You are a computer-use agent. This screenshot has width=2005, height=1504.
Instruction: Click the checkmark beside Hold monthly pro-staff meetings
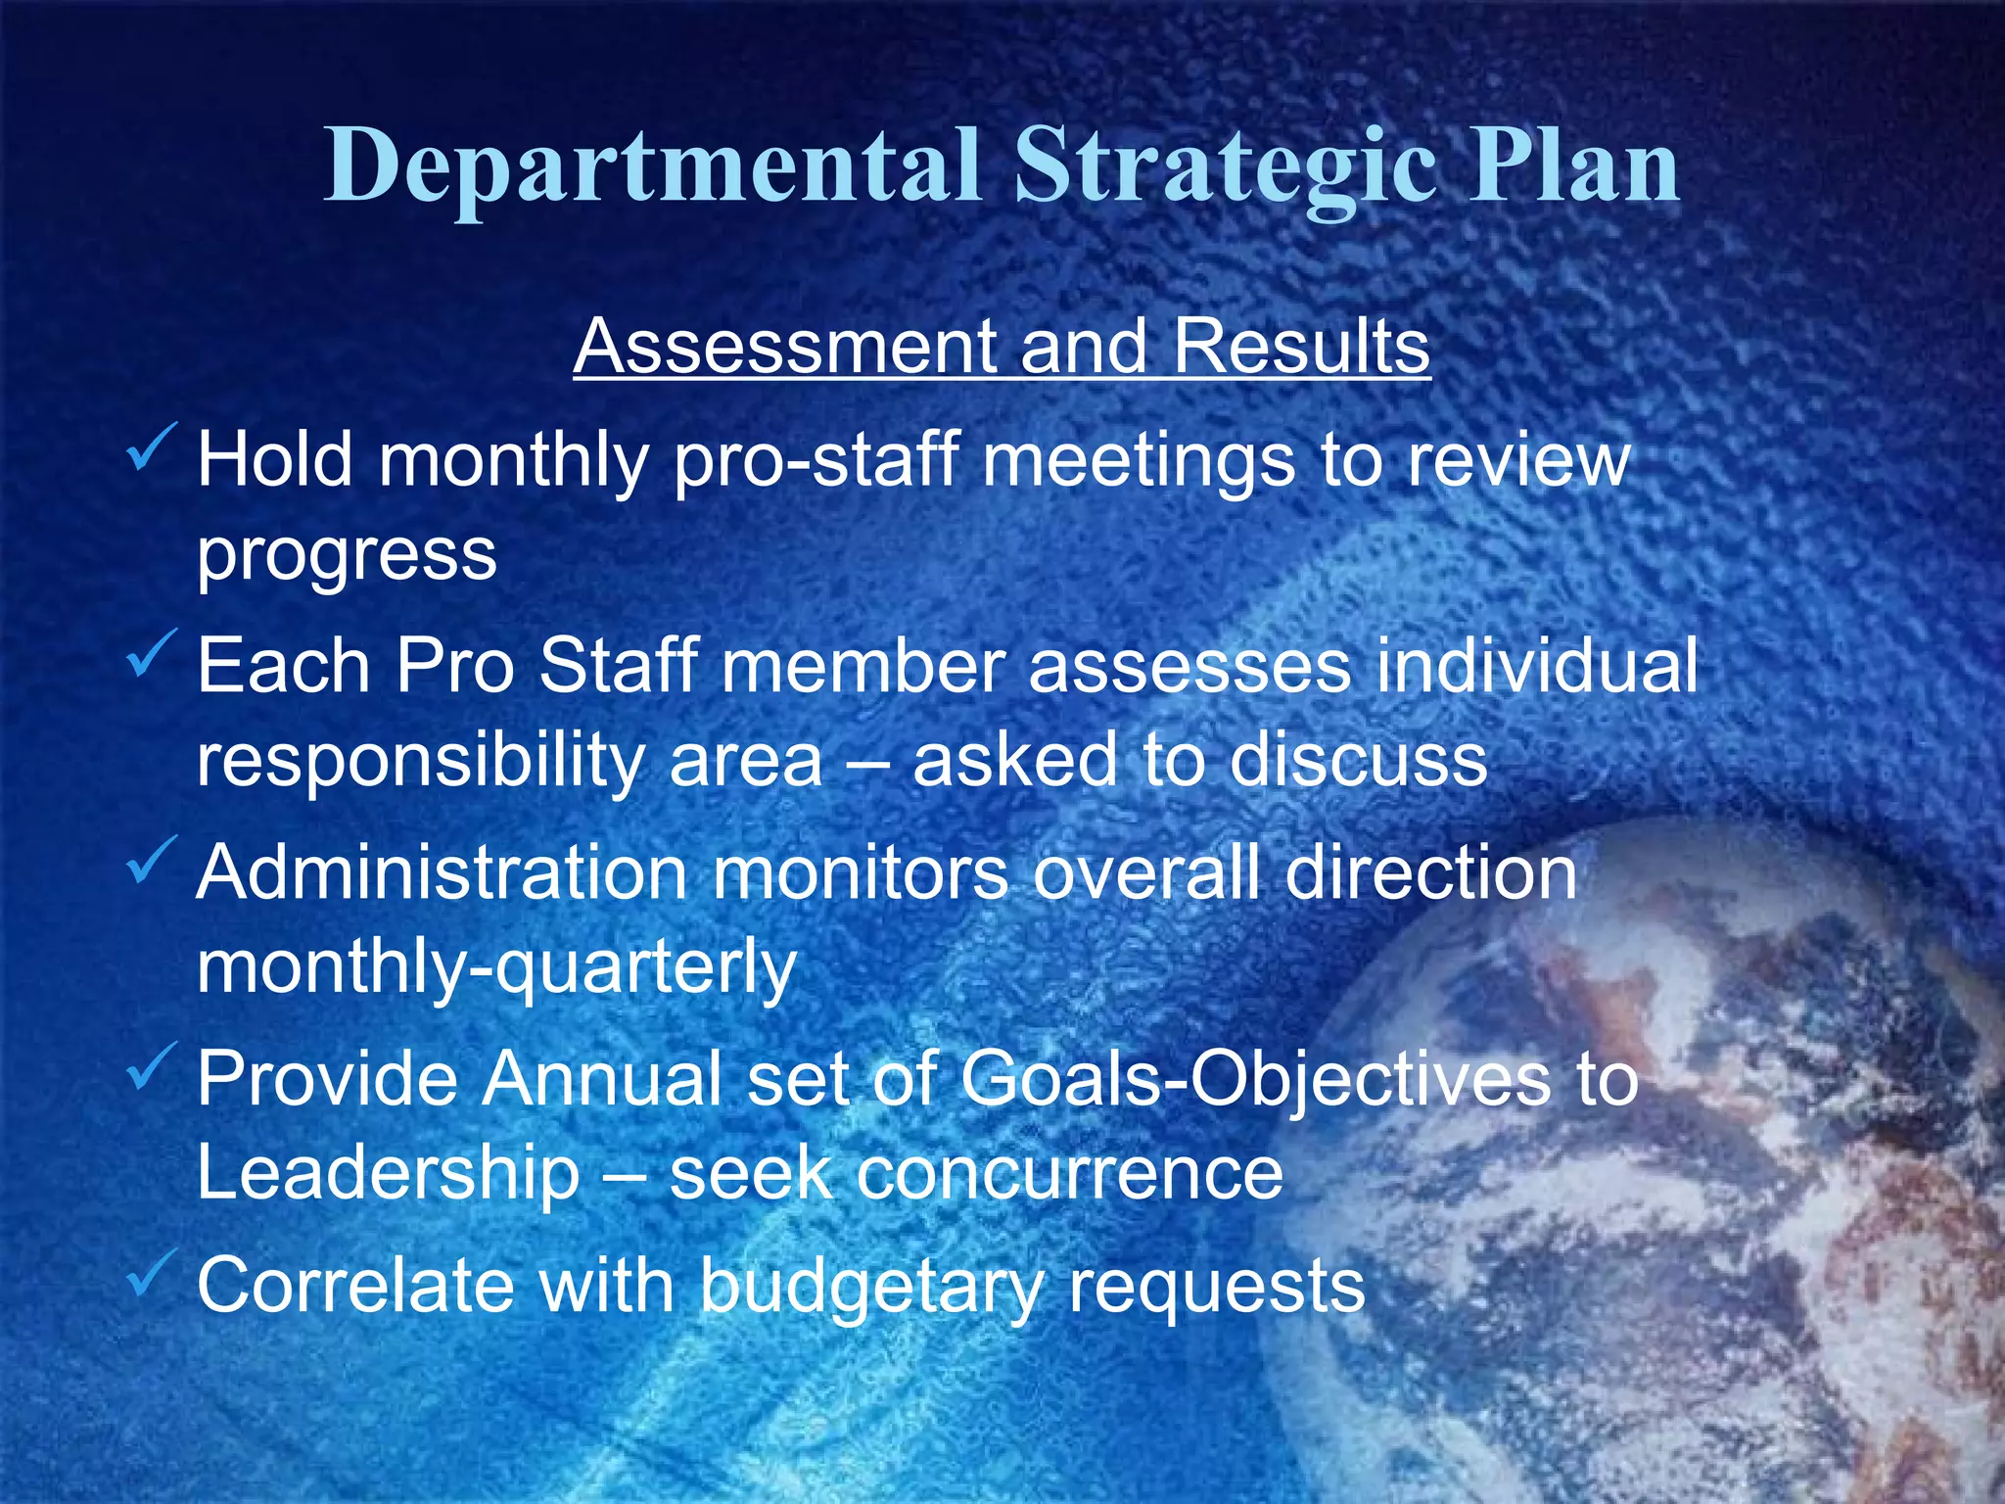pos(152,446)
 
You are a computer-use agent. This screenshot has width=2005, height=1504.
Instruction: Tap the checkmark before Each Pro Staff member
pos(152,653)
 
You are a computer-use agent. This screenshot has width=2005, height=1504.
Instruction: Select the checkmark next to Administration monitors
pos(152,859)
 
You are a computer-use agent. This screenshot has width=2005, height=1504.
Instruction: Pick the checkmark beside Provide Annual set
pos(152,1065)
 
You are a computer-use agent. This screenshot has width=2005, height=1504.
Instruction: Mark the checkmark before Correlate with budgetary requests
pos(152,1272)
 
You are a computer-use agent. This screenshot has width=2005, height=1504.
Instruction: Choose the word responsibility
pos(419,762)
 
